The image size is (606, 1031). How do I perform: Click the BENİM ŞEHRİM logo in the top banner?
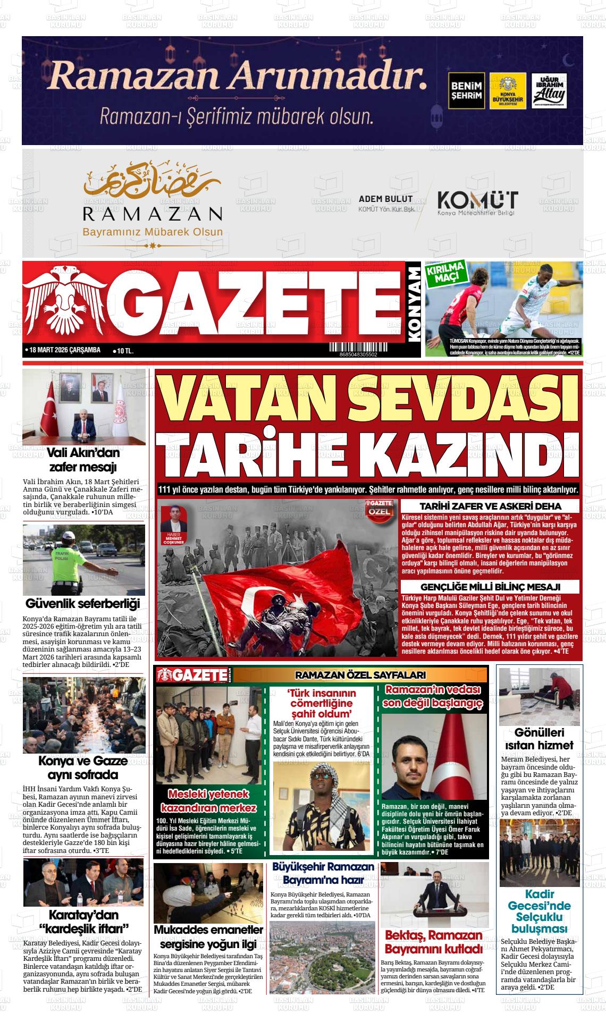tap(466, 91)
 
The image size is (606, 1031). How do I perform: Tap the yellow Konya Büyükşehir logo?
tap(508, 91)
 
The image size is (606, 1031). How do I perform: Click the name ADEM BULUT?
tap(385, 199)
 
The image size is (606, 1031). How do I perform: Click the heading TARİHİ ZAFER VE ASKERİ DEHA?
tap(491, 506)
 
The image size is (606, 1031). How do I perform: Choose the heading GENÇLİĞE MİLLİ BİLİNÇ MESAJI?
tap(491, 587)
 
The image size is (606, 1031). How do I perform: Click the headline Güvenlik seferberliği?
tap(83, 604)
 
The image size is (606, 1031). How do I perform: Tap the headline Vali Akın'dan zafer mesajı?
tap(83, 460)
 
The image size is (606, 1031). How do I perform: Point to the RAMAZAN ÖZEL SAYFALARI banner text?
tap(360, 675)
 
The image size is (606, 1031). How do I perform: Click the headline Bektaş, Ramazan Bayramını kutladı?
tap(434, 942)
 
